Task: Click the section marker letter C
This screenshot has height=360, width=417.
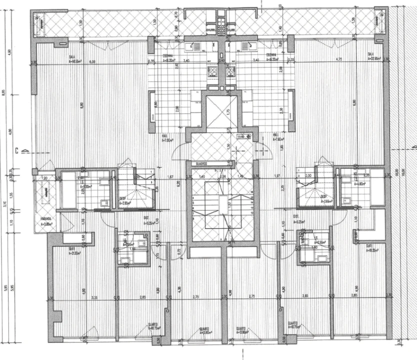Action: coord(16,149)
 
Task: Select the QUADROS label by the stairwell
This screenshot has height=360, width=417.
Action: coord(202,163)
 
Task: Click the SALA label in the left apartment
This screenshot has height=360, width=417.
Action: coord(71,56)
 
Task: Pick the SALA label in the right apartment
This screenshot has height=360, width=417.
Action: coord(371,53)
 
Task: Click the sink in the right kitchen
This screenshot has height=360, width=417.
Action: coord(246,46)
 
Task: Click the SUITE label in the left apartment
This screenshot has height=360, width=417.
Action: coord(72,248)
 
